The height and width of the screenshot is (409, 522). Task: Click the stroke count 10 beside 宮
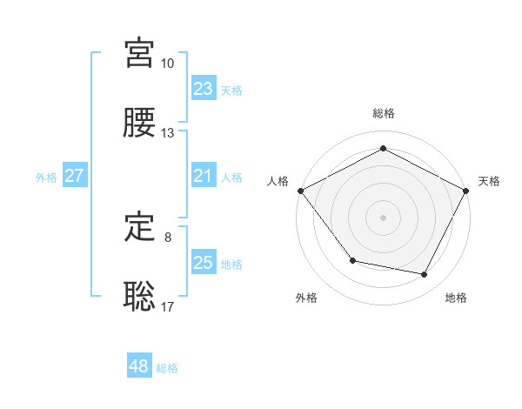click(168, 64)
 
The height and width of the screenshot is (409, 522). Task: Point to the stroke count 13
click(168, 133)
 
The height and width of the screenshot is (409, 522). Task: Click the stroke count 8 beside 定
click(168, 237)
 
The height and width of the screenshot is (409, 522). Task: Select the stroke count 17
click(168, 306)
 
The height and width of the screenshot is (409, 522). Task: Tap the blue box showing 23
click(204, 89)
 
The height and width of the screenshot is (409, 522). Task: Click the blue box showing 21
click(204, 176)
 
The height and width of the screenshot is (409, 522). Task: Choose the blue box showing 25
click(204, 263)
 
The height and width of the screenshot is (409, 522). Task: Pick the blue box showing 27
click(75, 176)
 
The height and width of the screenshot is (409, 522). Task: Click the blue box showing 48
click(139, 367)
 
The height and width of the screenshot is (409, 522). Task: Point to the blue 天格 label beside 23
click(231, 90)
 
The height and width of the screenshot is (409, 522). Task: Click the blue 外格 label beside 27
click(46, 177)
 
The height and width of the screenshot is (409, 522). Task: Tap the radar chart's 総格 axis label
click(384, 113)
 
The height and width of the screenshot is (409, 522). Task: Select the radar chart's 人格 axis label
click(278, 181)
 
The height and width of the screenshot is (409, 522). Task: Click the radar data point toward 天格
click(467, 190)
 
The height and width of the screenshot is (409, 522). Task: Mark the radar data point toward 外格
click(352, 260)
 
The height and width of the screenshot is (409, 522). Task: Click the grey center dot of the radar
click(384, 217)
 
